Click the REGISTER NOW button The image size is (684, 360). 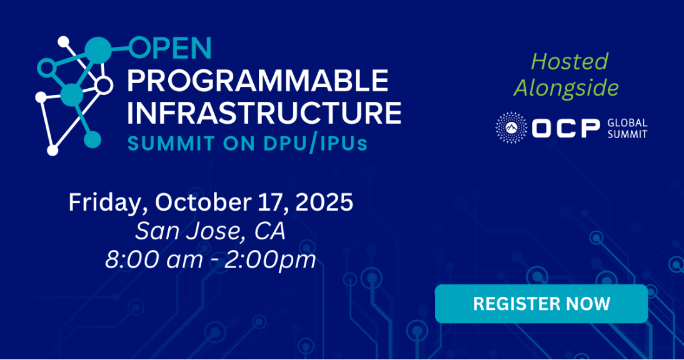tap(541, 304)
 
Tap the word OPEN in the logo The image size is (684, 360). tap(171, 48)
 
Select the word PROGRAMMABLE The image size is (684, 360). tap(258, 80)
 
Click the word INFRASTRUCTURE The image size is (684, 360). tap(264, 112)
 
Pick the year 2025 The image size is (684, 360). tap(324, 202)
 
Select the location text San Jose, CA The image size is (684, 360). tap(210, 231)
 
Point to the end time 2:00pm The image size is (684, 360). tap(270, 261)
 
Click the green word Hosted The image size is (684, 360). tap(570, 61)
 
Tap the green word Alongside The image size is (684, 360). tap(566, 89)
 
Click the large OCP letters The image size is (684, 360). tap(566, 128)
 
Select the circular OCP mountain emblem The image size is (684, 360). tap(511, 127)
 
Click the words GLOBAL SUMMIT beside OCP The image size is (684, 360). tap(627, 129)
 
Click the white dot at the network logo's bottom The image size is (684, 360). tap(53, 151)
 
